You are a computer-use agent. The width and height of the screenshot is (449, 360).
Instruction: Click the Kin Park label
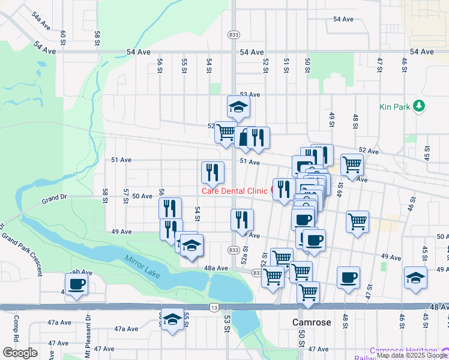394,107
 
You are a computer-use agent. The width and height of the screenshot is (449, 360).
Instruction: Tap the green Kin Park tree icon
419,107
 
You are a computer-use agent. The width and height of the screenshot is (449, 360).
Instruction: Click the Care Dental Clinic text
234,191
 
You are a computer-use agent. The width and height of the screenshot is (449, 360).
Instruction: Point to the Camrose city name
312,322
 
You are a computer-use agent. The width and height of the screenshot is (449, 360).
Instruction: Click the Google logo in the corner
20,353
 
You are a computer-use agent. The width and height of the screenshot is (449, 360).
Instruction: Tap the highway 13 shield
214,307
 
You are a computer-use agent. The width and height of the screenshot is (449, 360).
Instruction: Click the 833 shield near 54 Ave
234,35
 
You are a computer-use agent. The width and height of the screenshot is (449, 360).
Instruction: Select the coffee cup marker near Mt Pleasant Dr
77,284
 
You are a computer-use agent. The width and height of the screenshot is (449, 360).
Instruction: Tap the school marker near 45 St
415,277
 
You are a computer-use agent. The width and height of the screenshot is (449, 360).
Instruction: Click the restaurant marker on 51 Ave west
212,172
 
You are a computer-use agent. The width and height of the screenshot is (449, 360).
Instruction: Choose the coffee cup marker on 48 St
348,277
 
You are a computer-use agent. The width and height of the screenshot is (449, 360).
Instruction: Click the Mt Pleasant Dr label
88,328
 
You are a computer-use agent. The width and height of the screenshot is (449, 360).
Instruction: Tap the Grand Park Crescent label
22,250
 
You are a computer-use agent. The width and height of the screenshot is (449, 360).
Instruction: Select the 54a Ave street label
41,20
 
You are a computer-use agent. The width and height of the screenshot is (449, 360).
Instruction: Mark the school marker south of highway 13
172,319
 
